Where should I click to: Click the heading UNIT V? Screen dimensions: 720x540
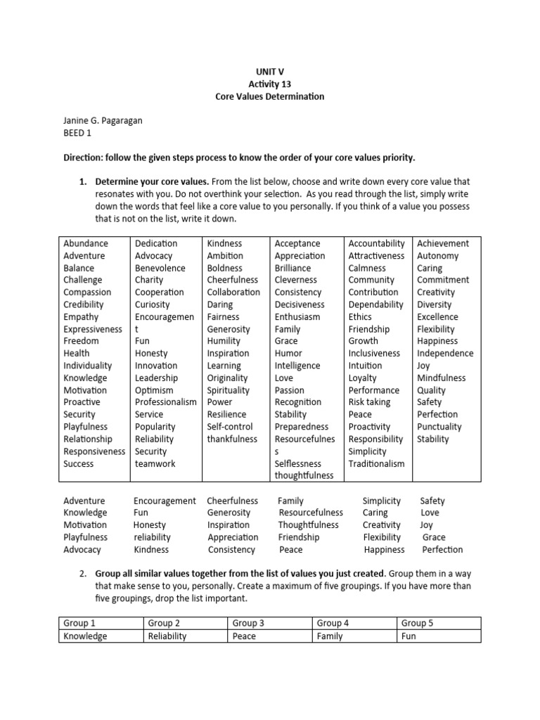270,71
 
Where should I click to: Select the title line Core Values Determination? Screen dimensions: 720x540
270,96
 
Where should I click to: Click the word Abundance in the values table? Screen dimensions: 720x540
86,243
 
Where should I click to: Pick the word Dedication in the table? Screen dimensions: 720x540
156,243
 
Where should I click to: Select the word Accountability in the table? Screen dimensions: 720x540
377,243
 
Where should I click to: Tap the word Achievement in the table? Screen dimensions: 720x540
443,243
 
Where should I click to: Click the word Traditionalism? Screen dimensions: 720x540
377,463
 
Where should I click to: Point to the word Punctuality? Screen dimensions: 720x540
439,427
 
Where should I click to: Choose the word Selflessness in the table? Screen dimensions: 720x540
298,463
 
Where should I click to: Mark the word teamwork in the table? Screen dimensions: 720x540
155,463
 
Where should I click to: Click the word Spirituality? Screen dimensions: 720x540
229,390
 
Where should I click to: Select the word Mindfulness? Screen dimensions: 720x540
442,378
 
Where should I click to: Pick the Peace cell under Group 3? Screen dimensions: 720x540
244,636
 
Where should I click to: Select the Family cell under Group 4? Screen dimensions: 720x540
330,636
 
